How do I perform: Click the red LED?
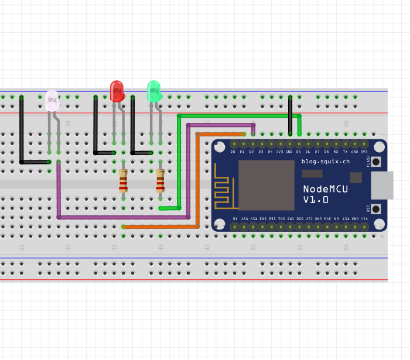click(117, 91)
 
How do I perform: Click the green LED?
click(153, 91)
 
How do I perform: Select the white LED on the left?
click(52, 101)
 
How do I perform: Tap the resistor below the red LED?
click(123, 181)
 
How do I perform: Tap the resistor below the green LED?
click(160, 181)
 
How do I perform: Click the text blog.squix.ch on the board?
click(325, 161)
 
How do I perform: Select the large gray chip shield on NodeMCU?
click(266, 185)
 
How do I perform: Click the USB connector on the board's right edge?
click(382, 185)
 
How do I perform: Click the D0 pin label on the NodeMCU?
click(233, 152)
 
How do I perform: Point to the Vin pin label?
click(364, 218)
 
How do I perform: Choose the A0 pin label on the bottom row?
click(235, 218)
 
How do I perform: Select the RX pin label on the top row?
click(336, 152)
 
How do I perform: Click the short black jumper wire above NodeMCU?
click(290, 115)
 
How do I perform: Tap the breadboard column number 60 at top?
click(346, 124)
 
